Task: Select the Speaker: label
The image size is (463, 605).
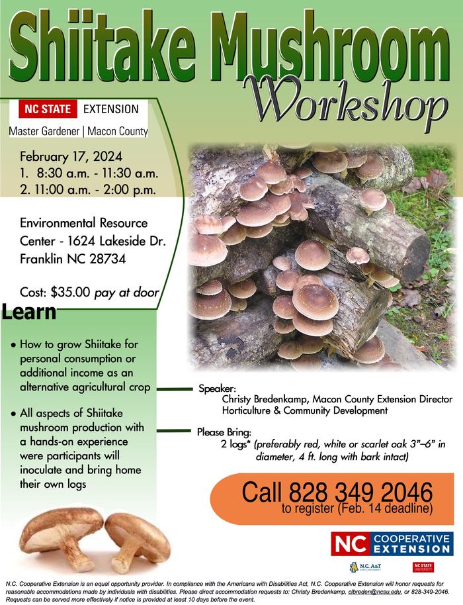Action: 217,389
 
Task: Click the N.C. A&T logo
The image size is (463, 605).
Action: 366,567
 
